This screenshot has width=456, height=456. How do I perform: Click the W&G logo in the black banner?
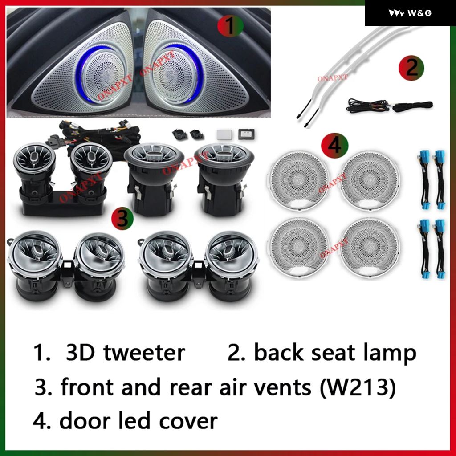click(x=410, y=13)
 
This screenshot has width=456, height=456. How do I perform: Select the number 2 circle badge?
click(x=411, y=68)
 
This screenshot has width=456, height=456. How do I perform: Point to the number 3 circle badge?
click(x=122, y=218)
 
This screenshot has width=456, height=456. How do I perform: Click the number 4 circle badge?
click(x=334, y=145)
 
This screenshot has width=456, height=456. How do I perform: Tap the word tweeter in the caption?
click(x=144, y=353)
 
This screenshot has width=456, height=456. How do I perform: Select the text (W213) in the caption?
click(x=358, y=387)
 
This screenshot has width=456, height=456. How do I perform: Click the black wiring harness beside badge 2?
click(x=389, y=106)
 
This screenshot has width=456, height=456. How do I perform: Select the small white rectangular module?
click(x=224, y=134)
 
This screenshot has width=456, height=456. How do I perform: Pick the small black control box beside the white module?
click(x=246, y=134)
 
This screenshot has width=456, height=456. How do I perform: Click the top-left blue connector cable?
click(x=425, y=180)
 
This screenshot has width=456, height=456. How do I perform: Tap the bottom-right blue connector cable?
click(x=440, y=249)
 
